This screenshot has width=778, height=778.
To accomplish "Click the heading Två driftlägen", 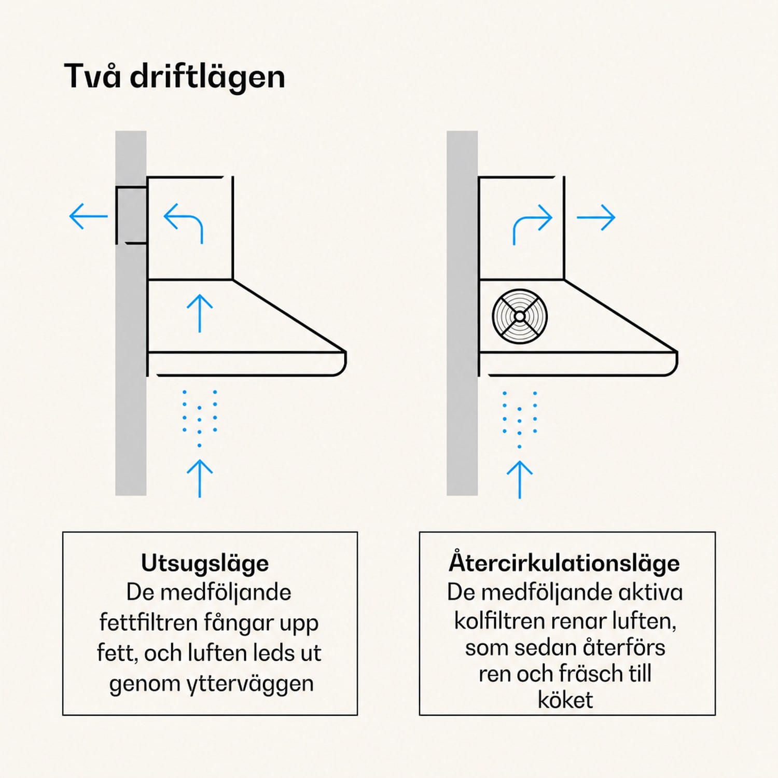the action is click(174, 77).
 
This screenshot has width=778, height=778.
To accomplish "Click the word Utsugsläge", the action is click(205, 564).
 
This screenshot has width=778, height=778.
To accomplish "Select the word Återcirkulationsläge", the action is click(564, 563).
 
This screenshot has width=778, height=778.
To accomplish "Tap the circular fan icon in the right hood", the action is click(520, 316).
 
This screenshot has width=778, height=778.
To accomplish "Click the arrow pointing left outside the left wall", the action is click(88, 216).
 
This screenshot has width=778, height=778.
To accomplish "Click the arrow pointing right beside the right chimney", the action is click(596, 217).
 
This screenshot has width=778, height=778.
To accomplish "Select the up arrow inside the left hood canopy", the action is click(200, 313).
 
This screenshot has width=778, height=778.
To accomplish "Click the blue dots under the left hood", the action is click(200, 418).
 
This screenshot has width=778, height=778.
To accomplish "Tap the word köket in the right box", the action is click(565, 700).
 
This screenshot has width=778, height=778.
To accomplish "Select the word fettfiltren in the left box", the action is click(149, 622).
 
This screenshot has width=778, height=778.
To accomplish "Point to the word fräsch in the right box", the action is click(590, 674).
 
